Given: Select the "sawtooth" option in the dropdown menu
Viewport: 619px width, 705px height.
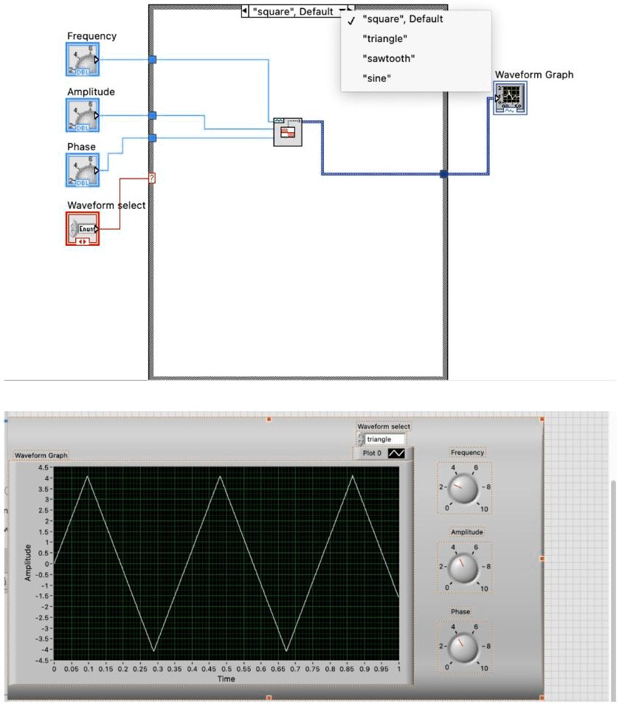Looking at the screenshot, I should [x=388, y=58].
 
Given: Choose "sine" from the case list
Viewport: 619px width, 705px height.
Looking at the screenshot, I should [x=376, y=77].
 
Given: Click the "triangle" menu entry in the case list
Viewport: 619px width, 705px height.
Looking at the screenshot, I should [x=384, y=38].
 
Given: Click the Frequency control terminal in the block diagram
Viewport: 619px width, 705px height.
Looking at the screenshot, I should [x=83, y=60].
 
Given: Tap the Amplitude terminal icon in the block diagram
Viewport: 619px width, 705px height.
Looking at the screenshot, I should [x=83, y=115].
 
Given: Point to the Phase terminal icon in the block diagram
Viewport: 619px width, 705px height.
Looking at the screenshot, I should [x=83, y=170].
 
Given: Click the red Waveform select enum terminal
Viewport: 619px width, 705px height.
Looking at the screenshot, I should [x=83, y=228].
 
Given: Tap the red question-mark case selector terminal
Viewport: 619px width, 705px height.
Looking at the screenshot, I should [x=152, y=178].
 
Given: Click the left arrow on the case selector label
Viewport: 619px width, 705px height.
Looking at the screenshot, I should [x=245, y=11].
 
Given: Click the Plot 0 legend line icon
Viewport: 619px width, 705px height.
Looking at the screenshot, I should [x=397, y=453].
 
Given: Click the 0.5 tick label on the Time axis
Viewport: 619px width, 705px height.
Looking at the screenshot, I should [x=226, y=669].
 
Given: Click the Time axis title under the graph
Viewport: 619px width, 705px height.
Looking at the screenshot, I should [x=226, y=678].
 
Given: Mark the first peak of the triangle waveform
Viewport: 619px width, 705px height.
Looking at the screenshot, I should [x=88, y=476].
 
